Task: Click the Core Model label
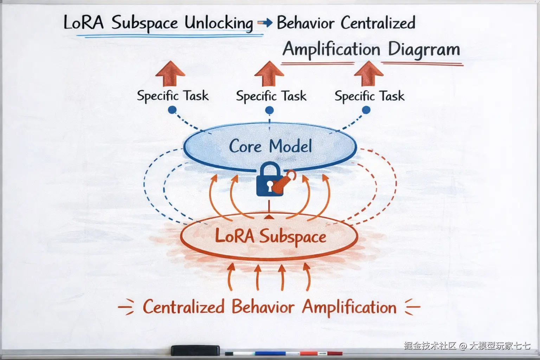pyautogui.click(x=270, y=146)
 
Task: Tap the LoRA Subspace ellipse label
pyautogui.click(x=270, y=236)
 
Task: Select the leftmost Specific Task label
pyautogui.click(x=173, y=96)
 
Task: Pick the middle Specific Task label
pyautogui.click(x=271, y=96)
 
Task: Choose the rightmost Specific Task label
pyautogui.click(x=369, y=96)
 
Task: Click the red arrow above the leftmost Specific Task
pyautogui.click(x=170, y=73)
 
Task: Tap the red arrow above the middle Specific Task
pyautogui.click(x=269, y=73)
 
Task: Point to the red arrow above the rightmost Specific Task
pyautogui.click(x=369, y=73)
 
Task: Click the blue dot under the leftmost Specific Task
pyautogui.click(x=172, y=110)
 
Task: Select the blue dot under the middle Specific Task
pyautogui.click(x=269, y=110)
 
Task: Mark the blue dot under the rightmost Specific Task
pyautogui.click(x=366, y=110)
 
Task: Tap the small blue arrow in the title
pyautogui.click(x=265, y=23)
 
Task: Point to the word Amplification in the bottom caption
pyautogui.click(x=349, y=307)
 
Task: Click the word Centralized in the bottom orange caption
pyautogui.click(x=184, y=307)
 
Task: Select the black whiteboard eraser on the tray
pyautogui.click(x=195, y=350)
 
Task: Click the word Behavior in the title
pyautogui.click(x=306, y=23)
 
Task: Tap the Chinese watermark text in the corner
pyautogui.click(x=467, y=346)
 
